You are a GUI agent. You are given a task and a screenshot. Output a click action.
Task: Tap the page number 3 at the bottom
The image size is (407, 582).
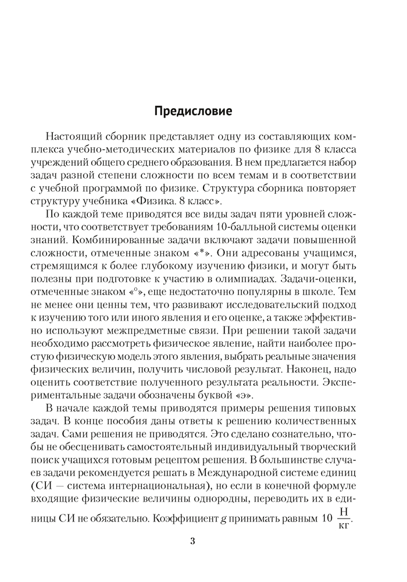pyautogui.click(x=192, y=541)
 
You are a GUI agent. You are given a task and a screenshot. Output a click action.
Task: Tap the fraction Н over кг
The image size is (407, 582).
pyautogui.click(x=345, y=517)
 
